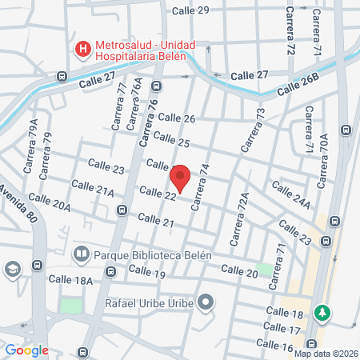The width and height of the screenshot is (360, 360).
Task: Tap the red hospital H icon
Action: point(82,50)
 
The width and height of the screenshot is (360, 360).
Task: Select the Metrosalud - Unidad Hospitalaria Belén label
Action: point(140,50)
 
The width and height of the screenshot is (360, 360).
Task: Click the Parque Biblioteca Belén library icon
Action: point(81,254)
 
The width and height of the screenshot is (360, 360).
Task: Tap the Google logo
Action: point(26,350)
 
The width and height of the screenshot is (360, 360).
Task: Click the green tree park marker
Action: point(322,311)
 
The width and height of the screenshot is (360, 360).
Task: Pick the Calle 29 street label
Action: point(192,10)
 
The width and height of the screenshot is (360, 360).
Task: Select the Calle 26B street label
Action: point(298,86)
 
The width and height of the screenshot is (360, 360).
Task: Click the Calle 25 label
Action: point(172,142)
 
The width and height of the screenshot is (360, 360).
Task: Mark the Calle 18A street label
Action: point(70,280)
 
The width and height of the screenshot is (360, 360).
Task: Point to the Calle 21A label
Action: point(92,189)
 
